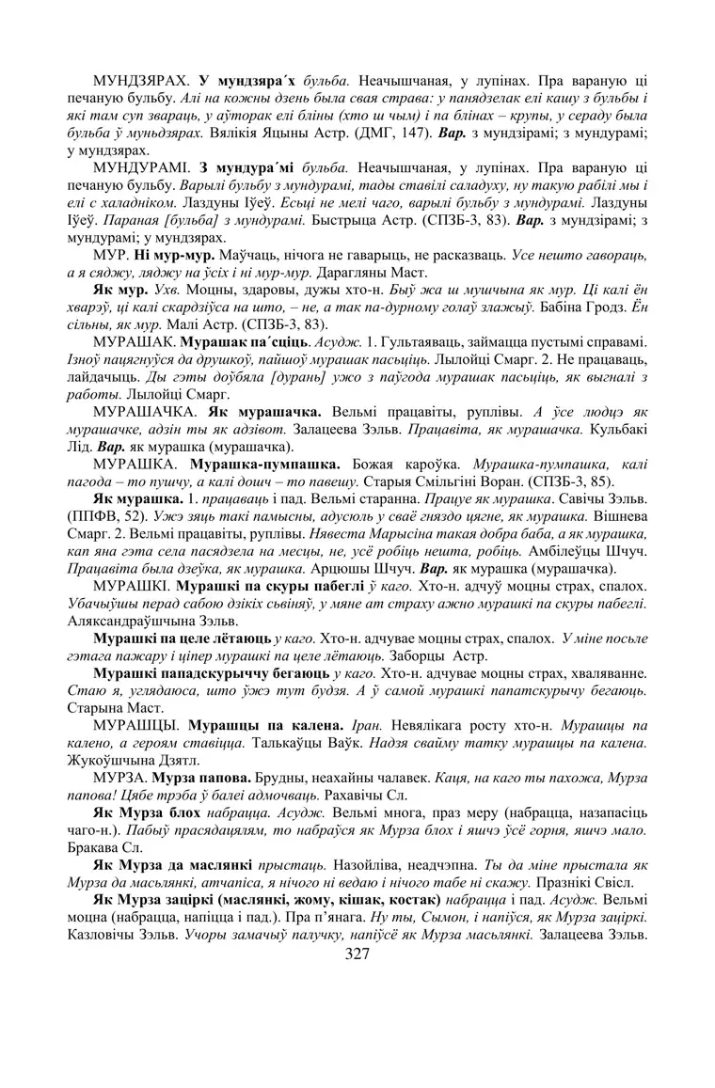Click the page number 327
(357, 954)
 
